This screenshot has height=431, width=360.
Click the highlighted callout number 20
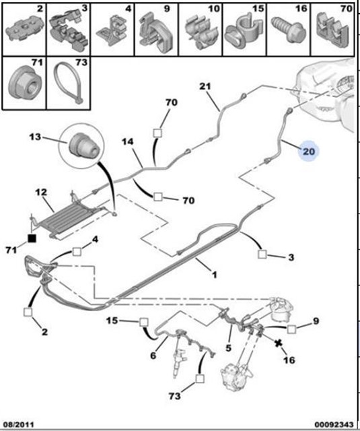click(309, 151)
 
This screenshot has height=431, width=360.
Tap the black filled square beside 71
click(32, 238)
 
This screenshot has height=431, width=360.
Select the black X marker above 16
click(279, 343)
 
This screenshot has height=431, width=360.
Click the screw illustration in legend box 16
click(288, 30)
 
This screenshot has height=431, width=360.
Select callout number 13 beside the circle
click(35, 137)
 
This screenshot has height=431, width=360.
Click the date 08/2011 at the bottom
click(19, 425)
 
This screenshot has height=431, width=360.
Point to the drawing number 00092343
click(334, 425)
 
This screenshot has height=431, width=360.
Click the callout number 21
click(205, 86)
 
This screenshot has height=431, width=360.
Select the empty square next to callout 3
click(262, 254)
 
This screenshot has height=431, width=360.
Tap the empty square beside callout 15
click(144, 322)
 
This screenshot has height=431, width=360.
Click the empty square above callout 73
click(200, 378)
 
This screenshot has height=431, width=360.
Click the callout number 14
click(128, 141)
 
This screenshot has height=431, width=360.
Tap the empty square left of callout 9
click(291, 329)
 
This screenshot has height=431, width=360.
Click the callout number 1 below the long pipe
click(214, 274)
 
